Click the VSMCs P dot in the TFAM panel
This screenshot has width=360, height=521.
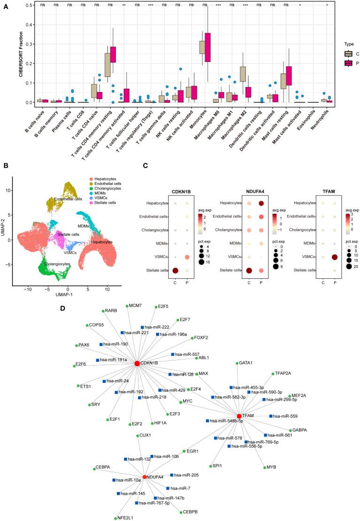[x=335, y=257]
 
